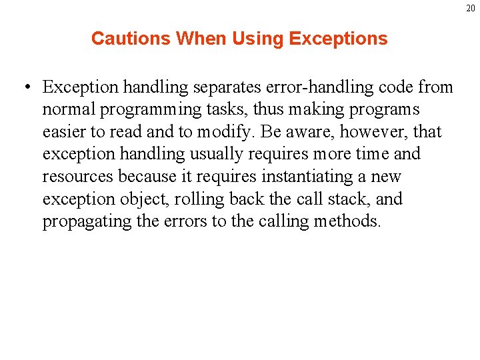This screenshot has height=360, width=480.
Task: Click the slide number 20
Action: (471, 8)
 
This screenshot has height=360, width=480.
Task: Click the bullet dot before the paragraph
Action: (25, 88)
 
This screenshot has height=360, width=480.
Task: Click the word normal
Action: (69, 110)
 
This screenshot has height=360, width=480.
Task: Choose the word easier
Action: (65, 132)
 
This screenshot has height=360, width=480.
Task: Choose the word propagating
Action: (87, 221)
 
